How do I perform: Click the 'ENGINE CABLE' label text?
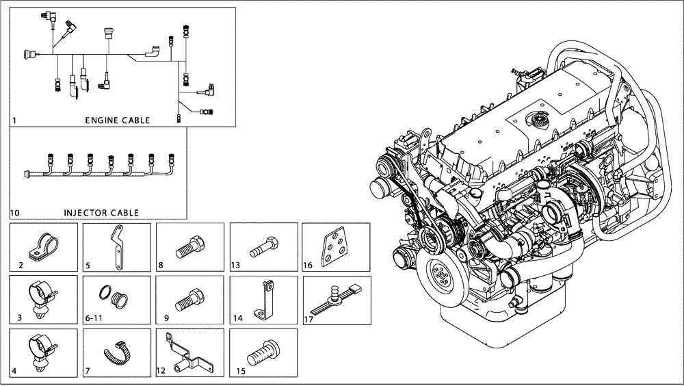(117, 120)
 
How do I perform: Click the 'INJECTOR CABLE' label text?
(101, 213)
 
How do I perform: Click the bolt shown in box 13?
(262, 247)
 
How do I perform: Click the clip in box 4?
(42, 350)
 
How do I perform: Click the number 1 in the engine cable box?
(14, 120)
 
